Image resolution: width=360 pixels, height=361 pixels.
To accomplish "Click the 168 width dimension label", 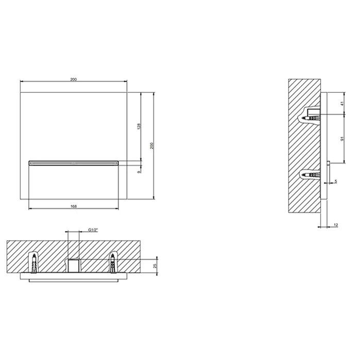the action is tap(73, 206).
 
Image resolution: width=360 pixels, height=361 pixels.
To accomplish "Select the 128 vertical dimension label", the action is tap(139, 126).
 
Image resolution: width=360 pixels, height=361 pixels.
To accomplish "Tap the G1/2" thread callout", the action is tap(93, 230).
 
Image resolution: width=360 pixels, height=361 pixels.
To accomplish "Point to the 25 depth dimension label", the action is tap(155, 266).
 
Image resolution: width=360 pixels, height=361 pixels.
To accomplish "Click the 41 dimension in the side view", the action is tap(342, 104).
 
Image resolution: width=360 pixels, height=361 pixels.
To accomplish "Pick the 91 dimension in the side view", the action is tap(342, 139).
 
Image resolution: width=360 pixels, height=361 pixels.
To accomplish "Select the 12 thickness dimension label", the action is tap(336, 225).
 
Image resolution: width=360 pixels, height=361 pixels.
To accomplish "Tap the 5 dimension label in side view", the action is tap(336, 182).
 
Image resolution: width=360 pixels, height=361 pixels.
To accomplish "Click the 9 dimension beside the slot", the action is tap(139, 172).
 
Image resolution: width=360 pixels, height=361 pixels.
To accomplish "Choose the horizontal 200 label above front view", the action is tap(73, 79).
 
